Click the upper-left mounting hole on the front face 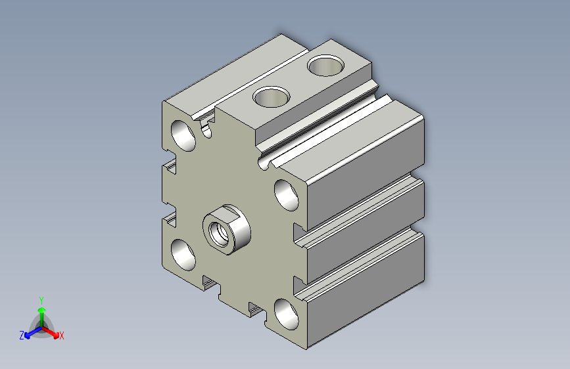183,135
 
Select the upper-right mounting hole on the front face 287,195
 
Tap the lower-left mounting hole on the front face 183,255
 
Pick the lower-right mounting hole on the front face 287,314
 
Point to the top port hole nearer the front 271,97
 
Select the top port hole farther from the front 325,66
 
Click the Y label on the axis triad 41,300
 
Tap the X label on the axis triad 61,336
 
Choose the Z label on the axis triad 22,336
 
